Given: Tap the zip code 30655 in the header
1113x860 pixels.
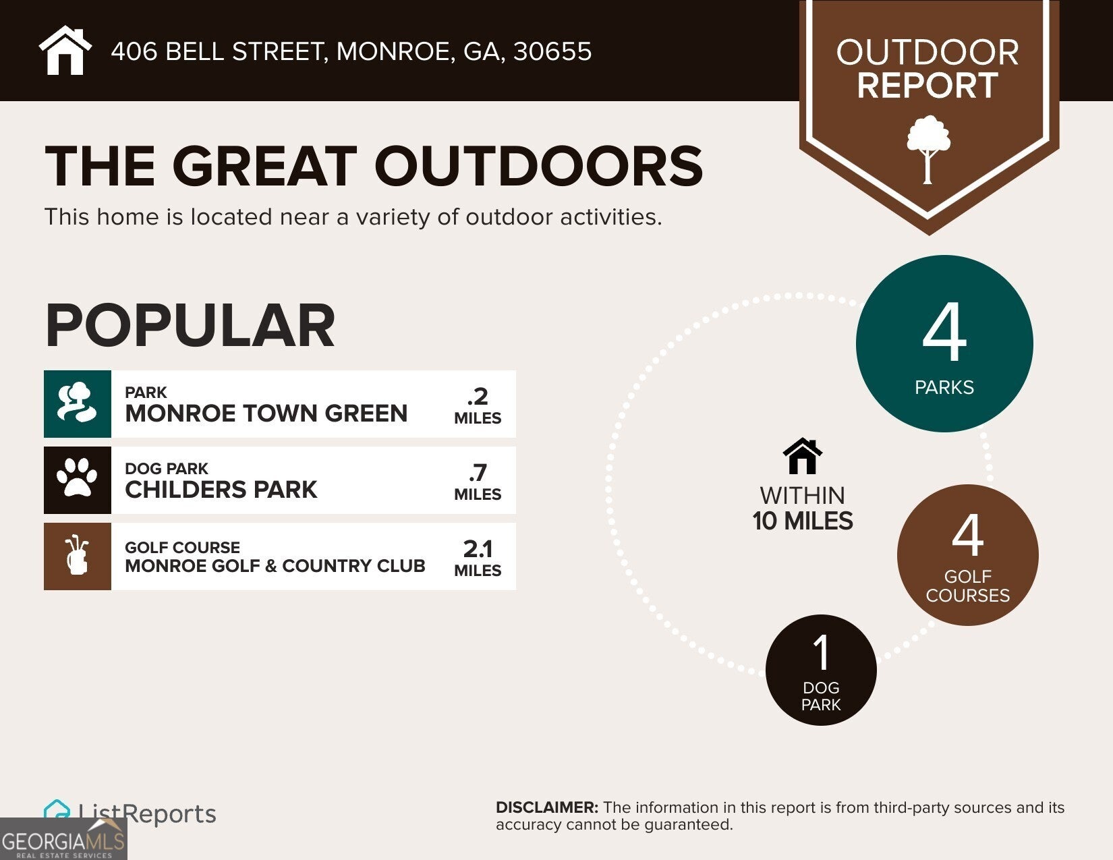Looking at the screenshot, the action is pyautogui.click(x=552, y=51).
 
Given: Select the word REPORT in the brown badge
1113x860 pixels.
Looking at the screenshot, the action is pyautogui.click(x=927, y=85).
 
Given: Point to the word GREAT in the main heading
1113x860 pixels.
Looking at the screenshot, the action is pyautogui.click(x=264, y=166).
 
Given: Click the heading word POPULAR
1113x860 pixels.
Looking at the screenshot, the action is pyautogui.click(x=190, y=325).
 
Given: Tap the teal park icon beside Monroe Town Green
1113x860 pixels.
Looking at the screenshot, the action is pyautogui.click(x=78, y=403).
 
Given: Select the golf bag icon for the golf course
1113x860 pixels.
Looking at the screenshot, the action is pyautogui.click(x=78, y=556).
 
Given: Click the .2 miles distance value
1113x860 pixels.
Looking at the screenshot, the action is pyautogui.click(x=478, y=405).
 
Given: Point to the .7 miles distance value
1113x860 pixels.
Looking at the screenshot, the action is pyautogui.click(x=478, y=482).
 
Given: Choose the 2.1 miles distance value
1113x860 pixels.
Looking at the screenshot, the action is pyautogui.click(x=478, y=558).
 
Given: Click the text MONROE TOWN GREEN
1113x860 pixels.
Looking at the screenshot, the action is pyautogui.click(x=266, y=413).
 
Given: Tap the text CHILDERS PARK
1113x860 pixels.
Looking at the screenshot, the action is pyautogui.click(x=221, y=490).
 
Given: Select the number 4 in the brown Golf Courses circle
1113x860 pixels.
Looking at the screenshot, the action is pyautogui.click(x=967, y=536).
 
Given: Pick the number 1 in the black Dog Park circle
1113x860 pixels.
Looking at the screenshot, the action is pyautogui.click(x=822, y=652).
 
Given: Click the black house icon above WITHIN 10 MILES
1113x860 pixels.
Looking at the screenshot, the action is pyautogui.click(x=803, y=456).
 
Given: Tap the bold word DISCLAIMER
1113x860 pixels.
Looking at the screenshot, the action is pyautogui.click(x=547, y=808).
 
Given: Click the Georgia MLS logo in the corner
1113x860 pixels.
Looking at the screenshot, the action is pyautogui.click(x=63, y=839).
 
